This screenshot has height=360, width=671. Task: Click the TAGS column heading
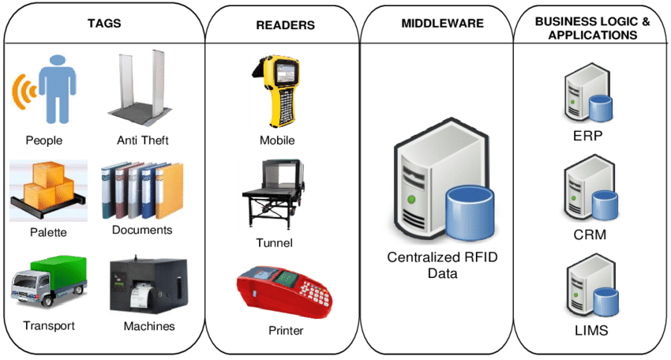[103, 23]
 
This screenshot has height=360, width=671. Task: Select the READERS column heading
[285, 25]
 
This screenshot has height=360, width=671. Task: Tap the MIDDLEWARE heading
[442, 24]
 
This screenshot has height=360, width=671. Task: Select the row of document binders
[141, 189]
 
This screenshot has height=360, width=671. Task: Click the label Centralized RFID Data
[442, 265]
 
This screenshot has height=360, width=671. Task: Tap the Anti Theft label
[143, 141]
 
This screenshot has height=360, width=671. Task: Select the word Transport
[49, 326]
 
